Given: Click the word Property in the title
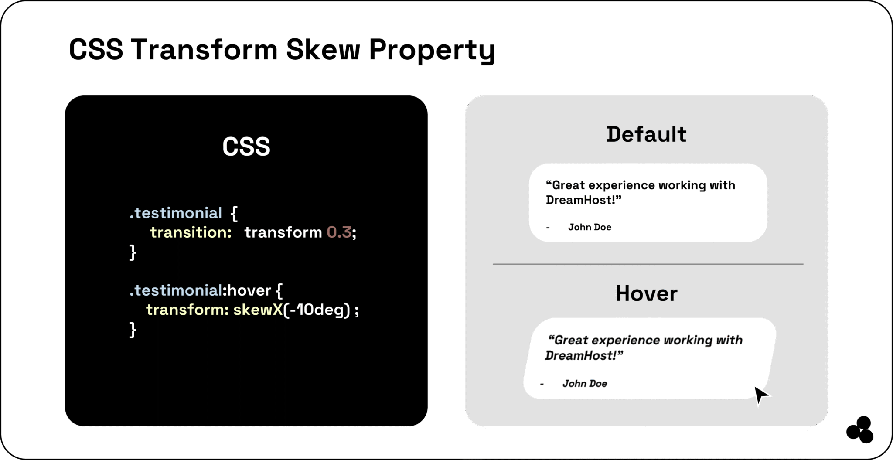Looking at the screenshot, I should tap(432, 50).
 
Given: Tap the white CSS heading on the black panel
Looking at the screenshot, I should tap(246, 147).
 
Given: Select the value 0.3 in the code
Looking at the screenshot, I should tap(339, 232).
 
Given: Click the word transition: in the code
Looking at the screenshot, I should tap(191, 232).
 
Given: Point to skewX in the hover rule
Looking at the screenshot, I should tap(258, 310).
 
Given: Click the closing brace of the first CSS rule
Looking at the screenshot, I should tap(133, 252).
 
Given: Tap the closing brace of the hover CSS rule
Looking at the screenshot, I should tap(133, 330).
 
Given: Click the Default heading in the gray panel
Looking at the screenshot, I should tap(646, 134).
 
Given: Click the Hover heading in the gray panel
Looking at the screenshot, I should tap(646, 293).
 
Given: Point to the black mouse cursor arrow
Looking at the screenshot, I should tap(761, 395).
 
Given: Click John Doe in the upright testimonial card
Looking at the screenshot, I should tap(590, 227).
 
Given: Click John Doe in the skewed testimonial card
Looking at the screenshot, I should tap(584, 384).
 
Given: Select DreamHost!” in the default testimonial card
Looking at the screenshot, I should tap(583, 200).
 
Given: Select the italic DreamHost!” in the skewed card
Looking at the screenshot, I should tap(583, 356).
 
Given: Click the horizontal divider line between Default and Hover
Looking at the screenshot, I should tap(648, 264).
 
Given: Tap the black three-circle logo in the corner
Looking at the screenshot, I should tap(860, 430).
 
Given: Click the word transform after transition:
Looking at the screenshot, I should tap(283, 232).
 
